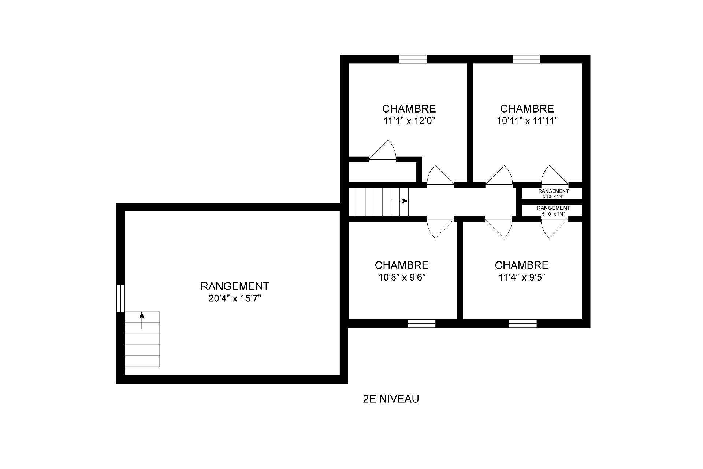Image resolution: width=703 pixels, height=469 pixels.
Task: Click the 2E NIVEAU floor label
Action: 391,399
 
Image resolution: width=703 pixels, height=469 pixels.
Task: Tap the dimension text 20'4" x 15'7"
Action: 235,298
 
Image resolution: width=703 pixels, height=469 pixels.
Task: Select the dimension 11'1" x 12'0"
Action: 409,121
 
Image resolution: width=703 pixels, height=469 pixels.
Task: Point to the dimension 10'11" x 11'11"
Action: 527,121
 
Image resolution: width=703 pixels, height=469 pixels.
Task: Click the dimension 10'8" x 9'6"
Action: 402,278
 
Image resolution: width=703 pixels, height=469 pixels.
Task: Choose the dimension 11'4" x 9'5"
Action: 522,278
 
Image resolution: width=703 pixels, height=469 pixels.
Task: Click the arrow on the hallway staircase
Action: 399,201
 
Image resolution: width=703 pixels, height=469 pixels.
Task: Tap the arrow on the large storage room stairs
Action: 142,320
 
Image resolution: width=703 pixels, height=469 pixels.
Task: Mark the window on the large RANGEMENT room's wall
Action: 120,298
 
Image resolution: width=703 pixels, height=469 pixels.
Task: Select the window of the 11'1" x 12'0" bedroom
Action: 413,59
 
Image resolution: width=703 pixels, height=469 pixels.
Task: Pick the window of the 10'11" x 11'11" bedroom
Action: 526,59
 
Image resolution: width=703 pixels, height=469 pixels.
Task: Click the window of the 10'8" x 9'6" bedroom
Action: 422,323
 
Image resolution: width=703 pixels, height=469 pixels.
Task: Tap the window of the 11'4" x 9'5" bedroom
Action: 523,323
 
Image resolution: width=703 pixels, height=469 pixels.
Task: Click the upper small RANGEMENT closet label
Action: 553,191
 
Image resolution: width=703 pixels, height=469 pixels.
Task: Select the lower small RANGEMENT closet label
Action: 553,208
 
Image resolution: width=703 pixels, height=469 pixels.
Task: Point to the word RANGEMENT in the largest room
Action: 235,286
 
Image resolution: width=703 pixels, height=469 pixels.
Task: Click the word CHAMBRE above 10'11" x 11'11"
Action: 527,109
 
